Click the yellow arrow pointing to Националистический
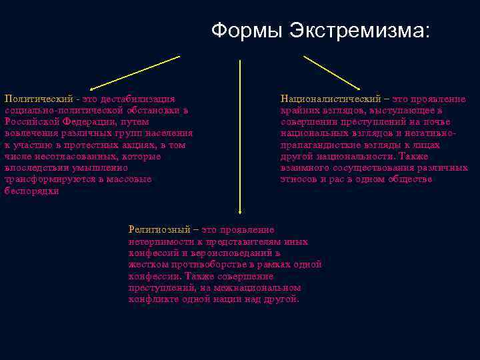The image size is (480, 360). coord(332,73)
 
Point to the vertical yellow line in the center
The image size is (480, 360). coord(240,133)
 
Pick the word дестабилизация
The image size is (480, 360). coord(137,99)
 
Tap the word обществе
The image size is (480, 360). coord(411,179)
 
